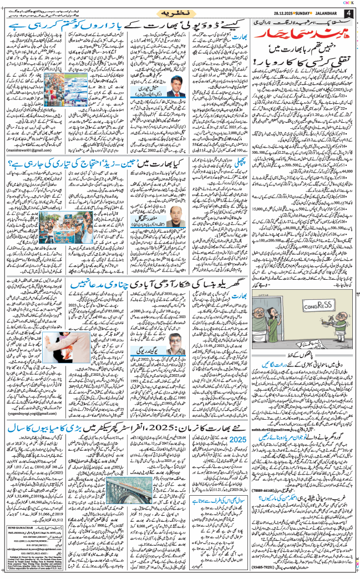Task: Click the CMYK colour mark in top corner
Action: click(351, 2)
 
